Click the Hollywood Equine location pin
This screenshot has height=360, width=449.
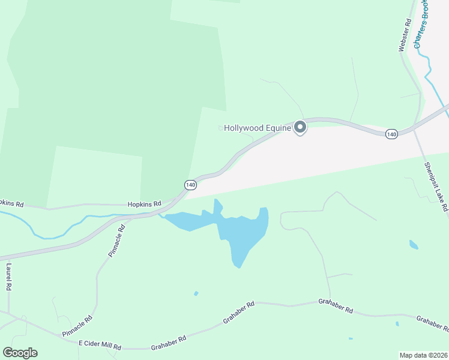click(x=300, y=127)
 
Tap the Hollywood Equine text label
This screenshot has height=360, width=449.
click(x=258, y=128)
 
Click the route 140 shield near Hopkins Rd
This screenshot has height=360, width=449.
click(x=190, y=185)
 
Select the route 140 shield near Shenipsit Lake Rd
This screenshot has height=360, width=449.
click(x=391, y=133)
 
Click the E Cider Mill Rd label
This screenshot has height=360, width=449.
click(x=100, y=347)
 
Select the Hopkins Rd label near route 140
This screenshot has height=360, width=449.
click(x=145, y=204)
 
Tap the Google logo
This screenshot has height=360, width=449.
click(x=20, y=353)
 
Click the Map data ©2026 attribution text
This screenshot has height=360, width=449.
click(x=423, y=355)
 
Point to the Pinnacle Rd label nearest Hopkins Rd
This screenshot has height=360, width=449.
click(x=116, y=241)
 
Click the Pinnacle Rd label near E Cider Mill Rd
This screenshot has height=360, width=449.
click(x=77, y=326)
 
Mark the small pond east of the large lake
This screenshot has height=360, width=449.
click(x=414, y=244)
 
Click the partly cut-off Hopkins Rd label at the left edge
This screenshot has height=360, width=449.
click(x=11, y=204)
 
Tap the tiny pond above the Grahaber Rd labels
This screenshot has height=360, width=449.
click(x=196, y=293)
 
